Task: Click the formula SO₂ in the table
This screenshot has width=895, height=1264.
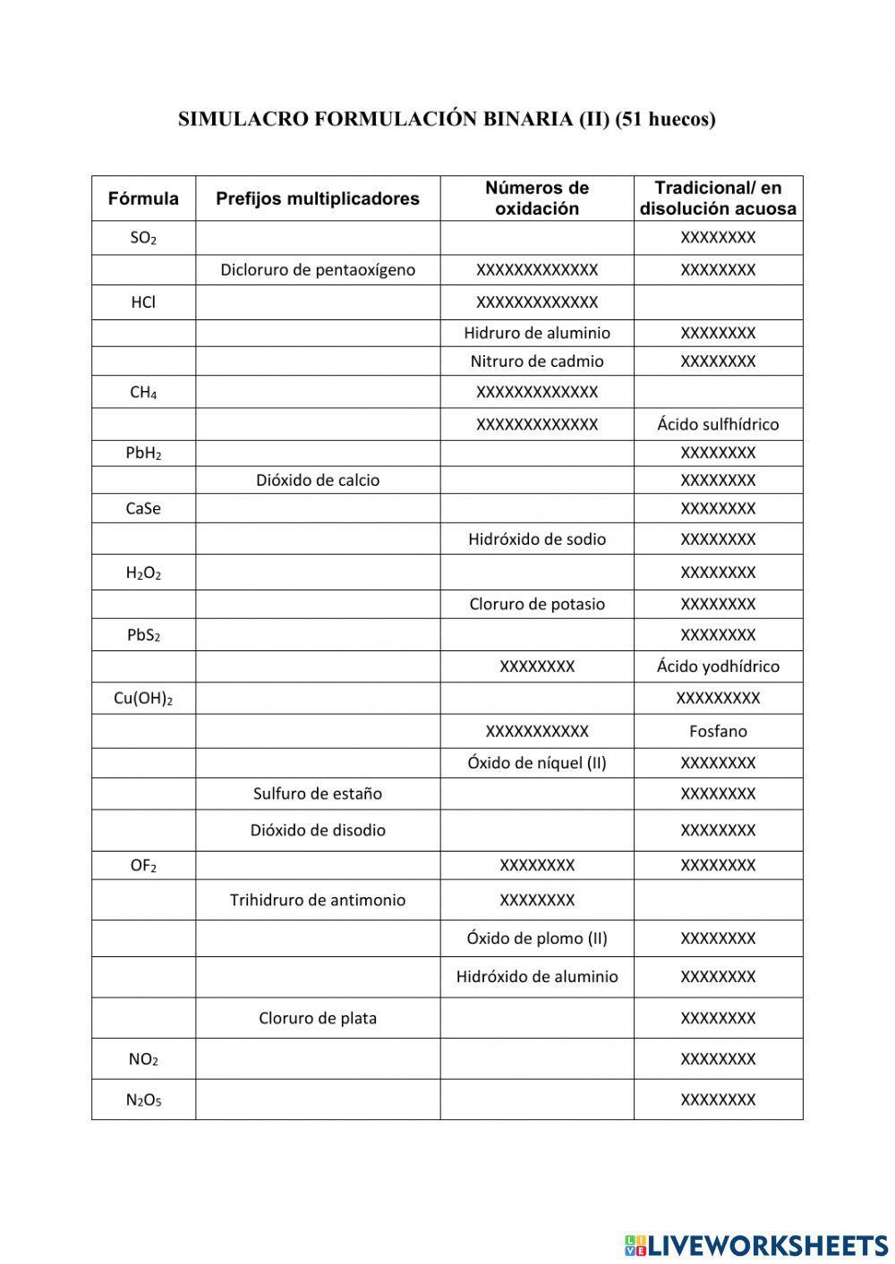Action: (143, 238)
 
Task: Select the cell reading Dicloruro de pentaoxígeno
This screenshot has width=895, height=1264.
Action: (318, 270)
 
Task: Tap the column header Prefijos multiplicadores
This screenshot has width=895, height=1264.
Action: (318, 199)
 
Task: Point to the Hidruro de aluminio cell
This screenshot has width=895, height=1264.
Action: (537, 333)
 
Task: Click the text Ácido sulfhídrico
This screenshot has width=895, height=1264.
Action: (718, 424)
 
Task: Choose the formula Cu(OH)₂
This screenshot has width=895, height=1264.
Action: (143, 699)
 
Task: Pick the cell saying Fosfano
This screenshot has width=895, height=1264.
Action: (718, 731)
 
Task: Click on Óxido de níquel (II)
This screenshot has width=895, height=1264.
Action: (537, 763)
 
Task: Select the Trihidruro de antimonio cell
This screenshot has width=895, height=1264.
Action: (318, 900)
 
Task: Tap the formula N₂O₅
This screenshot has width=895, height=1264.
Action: (143, 1100)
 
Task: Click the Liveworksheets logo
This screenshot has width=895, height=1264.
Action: (756, 1244)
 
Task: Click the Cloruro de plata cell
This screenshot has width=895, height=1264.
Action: (318, 1018)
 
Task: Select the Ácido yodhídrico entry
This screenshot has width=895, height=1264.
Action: (718, 666)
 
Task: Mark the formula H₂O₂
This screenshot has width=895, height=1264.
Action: (143, 573)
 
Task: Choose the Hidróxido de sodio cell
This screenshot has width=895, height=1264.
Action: (537, 539)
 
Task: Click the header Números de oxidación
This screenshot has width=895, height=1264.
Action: (537, 199)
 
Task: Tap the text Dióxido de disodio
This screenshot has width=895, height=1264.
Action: (318, 830)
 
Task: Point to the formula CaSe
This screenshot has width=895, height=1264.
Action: (143, 509)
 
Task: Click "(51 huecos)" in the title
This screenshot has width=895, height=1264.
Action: (666, 120)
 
